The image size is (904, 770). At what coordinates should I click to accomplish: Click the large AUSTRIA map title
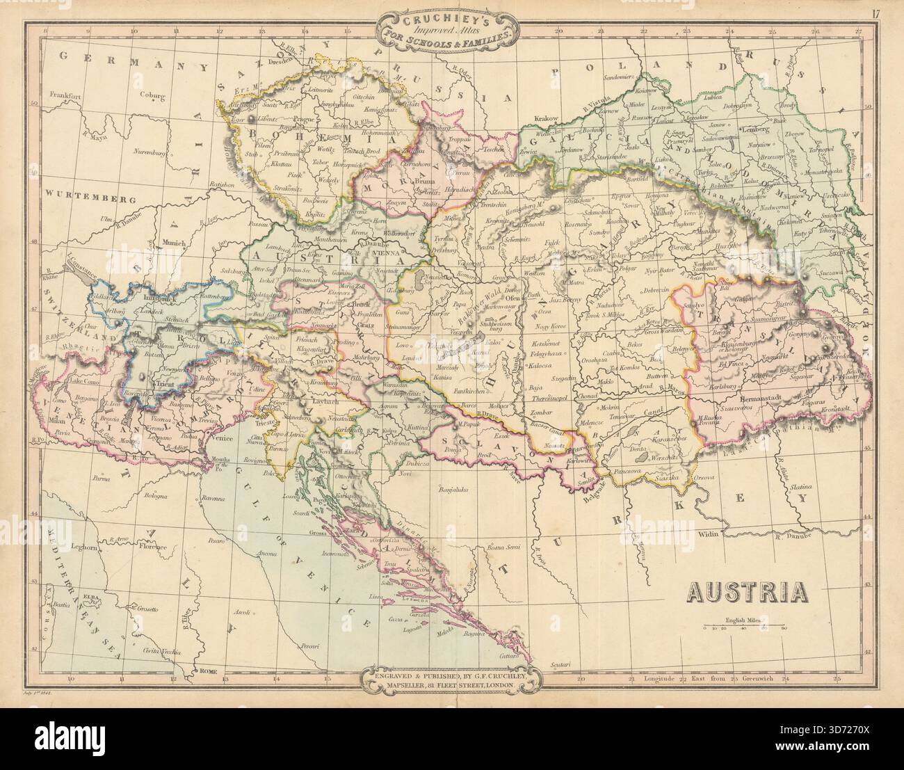(748, 591)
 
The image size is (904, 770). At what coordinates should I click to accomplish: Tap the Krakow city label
(546, 119)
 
